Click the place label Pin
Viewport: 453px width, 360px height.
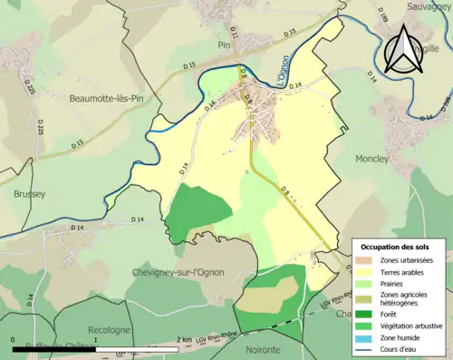[224, 43]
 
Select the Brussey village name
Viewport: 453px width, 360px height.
[29, 193]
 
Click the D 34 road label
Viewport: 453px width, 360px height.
[294, 85]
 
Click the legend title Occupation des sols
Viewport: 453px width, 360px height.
[395, 247]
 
